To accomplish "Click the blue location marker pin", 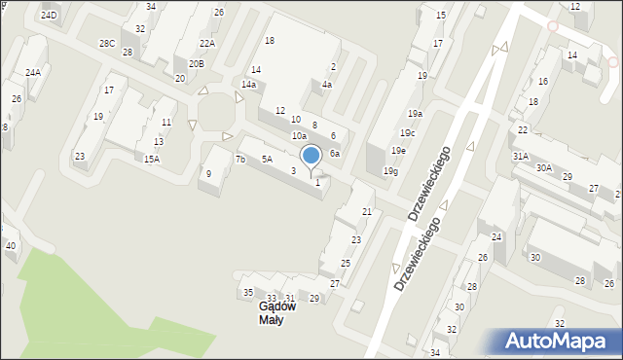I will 311,156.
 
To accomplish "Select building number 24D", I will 49,16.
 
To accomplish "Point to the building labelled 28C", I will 107,44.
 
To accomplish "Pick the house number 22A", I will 206,44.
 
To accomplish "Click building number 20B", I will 197,63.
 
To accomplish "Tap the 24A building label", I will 33,73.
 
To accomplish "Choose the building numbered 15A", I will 151,159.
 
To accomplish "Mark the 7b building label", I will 240,159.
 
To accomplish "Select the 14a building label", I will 249,86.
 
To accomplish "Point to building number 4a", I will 327,85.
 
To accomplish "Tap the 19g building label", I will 390,171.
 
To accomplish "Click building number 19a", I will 415,114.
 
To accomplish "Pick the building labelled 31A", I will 521,156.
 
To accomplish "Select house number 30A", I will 543,167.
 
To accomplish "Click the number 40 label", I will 11,245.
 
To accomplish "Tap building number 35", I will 248,292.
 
